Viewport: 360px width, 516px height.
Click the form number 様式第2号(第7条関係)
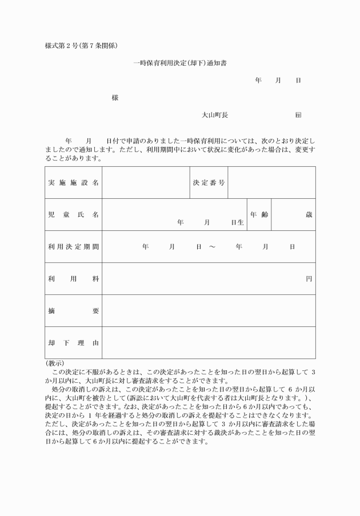(x=81, y=45)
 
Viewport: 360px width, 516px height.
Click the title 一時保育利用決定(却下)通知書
(x=180, y=63)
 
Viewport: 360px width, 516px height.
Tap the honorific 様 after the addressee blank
(x=115, y=98)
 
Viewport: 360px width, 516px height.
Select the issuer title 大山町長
(x=215, y=115)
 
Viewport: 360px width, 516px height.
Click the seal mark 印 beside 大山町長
(x=298, y=115)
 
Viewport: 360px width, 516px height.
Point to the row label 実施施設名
(x=73, y=182)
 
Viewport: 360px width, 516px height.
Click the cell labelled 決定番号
(x=209, y=182)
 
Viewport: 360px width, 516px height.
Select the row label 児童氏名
(x=73, y=214)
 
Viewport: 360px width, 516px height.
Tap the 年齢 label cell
(x=259, y=214)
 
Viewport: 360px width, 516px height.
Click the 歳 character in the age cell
(x=309, y=214)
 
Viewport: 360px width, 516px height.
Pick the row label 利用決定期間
(x=73, y=247)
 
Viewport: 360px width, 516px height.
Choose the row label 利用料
(x=73, y=279)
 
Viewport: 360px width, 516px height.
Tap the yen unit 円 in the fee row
(x=309, y=279)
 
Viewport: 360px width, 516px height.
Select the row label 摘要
(x=73, y=311)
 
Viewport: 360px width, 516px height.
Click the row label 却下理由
(x=73, y=343)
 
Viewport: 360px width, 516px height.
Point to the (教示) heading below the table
(x=55, y=363)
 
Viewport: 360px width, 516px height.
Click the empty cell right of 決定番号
(x=271, y=182)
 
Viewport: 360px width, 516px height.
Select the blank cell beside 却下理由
(x=209, y=343)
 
